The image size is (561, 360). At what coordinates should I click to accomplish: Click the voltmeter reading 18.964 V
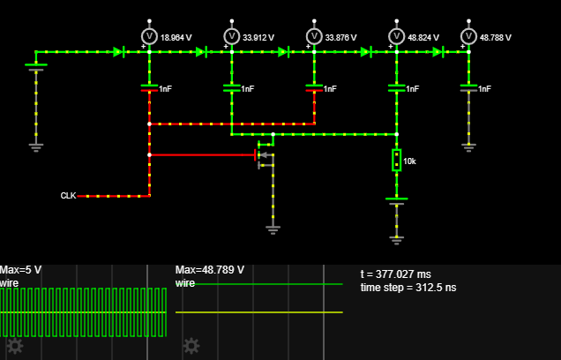coord(149,36)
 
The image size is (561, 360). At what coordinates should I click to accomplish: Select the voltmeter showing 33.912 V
coord(232,36)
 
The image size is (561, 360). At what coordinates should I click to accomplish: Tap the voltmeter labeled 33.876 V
coord(314,36)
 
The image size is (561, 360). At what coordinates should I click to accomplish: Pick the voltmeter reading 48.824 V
coord(397,36)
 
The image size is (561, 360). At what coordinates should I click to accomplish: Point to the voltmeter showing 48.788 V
coord(468,36)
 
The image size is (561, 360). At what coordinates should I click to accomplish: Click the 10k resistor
coord(397,160)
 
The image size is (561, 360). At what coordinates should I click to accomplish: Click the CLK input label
coord(68,196)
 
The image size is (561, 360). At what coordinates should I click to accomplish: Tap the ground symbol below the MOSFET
coord(273,229)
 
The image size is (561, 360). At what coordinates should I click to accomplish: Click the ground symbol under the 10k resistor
coord(397,237)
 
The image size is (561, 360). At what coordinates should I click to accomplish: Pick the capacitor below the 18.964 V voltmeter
coord(149,88)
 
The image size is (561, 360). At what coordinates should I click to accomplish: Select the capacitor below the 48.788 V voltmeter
coord(468,88)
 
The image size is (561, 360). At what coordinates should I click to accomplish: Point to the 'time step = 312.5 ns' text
coord(408,288)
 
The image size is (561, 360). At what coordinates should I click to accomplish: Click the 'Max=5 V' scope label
coord(20,270)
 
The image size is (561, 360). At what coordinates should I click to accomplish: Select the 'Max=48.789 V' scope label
coord(210,270)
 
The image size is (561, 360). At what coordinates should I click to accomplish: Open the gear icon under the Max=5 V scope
coord(15,345)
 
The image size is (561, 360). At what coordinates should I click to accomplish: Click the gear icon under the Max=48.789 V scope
coord(191,345)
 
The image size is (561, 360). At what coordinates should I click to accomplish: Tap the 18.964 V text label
coord(176,38)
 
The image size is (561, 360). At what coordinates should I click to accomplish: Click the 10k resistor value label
coord(410,162)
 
